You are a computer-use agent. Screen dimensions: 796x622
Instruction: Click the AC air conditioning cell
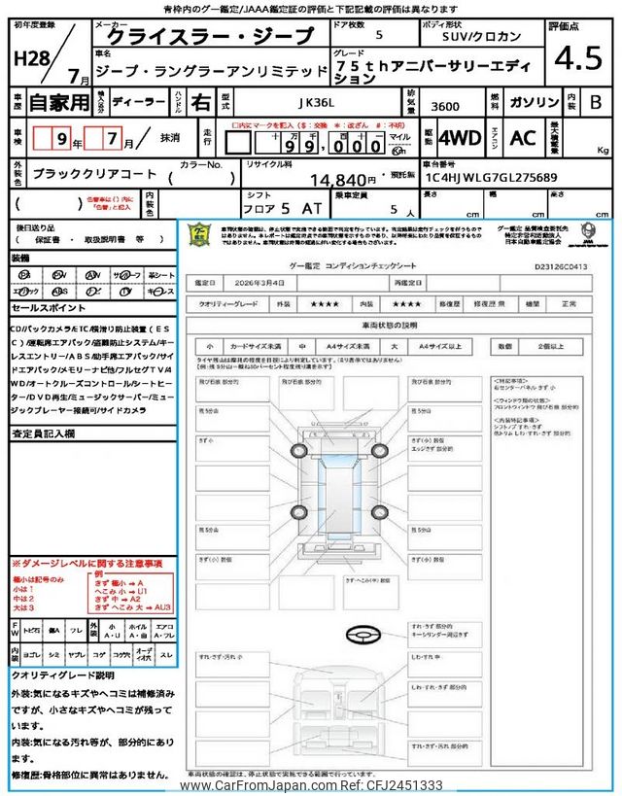click(523, 138)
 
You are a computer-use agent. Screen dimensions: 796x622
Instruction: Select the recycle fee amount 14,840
click(343, 180)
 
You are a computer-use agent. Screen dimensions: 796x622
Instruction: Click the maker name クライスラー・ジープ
click(211, 36)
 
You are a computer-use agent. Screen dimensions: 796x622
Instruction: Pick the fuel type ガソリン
click(536, 102)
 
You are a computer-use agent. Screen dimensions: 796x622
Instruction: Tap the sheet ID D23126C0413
click(561, 264)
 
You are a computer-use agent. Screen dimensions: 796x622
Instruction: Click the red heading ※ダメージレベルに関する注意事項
click(86, 564)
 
